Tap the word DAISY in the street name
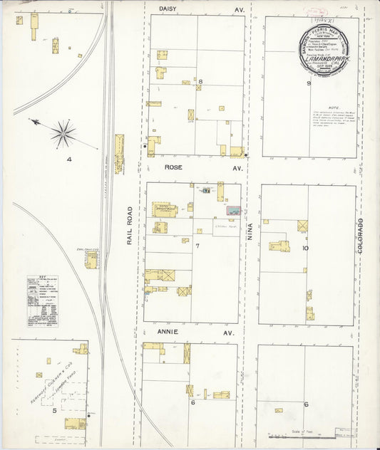(x=167, y=7)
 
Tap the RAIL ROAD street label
(x=130, y=226)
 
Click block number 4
(x=69, y=159)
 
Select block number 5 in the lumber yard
(x=54, y=410)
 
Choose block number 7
(x=197, y=246)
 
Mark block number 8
(x=200, y=82)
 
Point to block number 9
(x=309, y=83)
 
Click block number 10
(x=305, y=248)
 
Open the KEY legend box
(x=43, y=300)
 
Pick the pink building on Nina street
(x=234, y=211)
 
